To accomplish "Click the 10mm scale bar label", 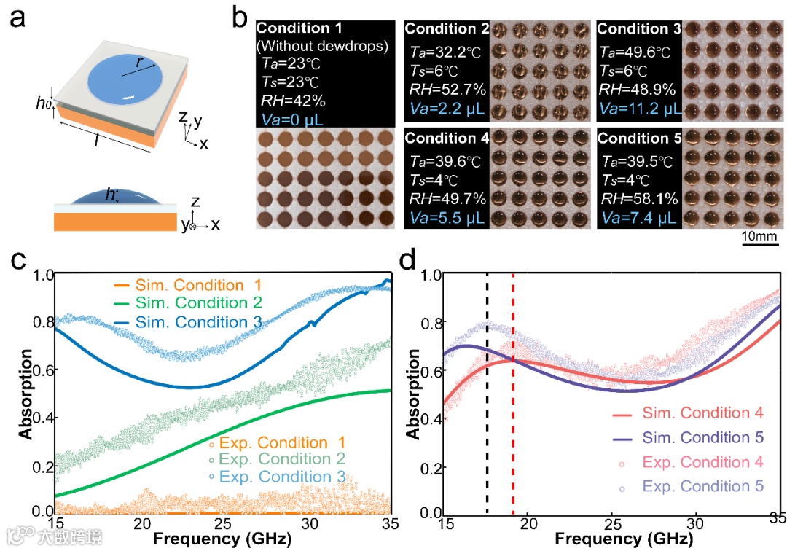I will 762,237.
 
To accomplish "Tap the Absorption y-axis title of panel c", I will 25,394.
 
